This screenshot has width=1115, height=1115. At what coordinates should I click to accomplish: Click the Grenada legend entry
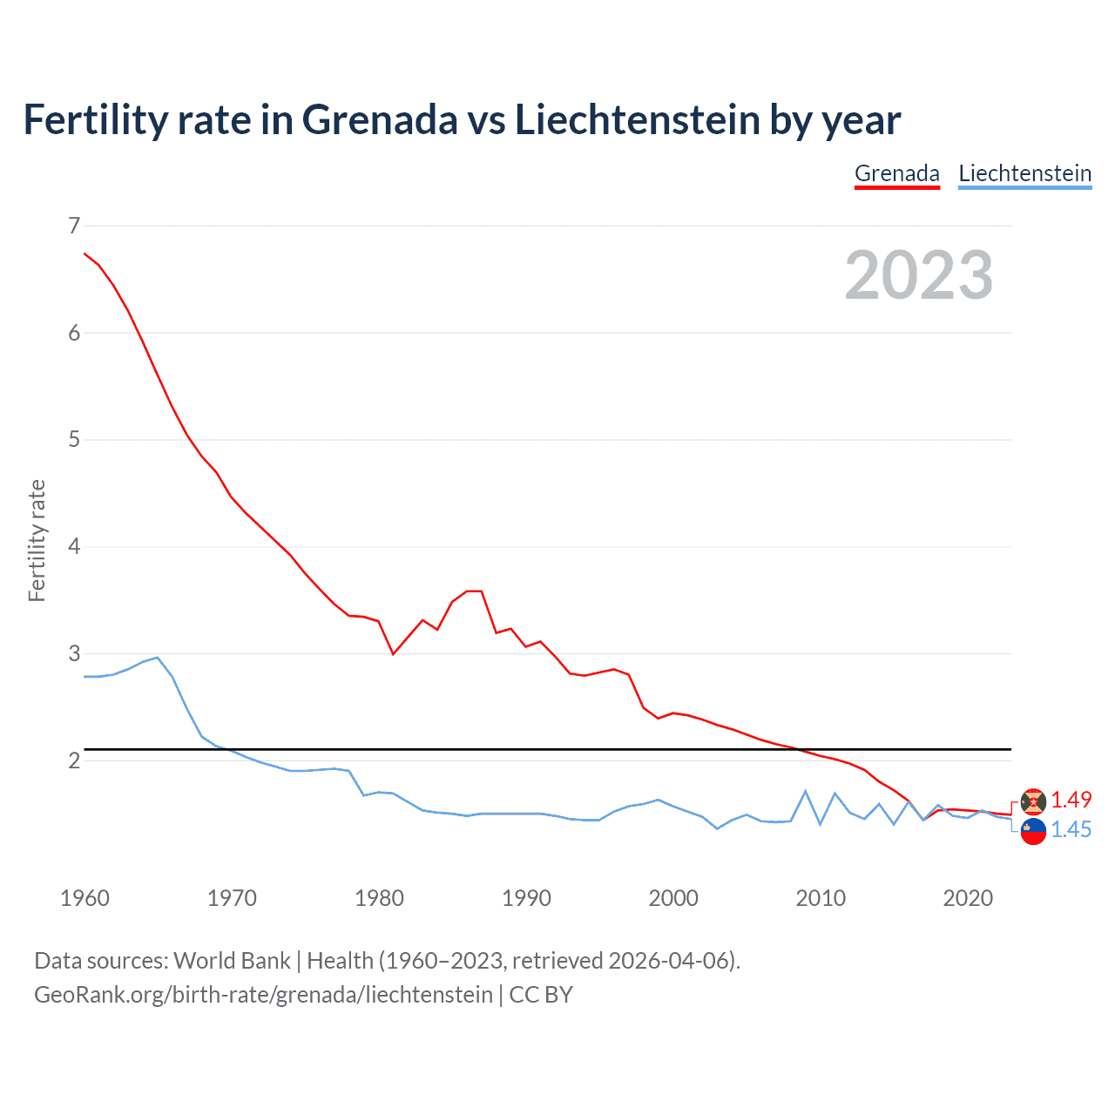click(896, 173)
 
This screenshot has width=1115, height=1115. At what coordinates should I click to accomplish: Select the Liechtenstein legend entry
click(1024, 173)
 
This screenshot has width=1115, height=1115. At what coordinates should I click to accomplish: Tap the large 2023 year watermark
click(918, 275)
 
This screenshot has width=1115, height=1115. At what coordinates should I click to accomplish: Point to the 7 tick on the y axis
click(73, 226)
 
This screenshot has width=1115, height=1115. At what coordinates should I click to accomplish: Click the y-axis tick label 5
click(73, 440)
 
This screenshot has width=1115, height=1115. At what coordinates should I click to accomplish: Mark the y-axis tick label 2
click(73, 760)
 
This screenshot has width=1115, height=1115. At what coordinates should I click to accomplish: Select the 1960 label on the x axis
click(84, 898)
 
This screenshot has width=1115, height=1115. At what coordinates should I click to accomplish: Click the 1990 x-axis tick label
click(526, 898)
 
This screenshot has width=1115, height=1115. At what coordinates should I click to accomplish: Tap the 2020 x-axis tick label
click(968, 898)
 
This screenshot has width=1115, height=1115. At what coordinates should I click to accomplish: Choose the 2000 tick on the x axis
click(673, 898)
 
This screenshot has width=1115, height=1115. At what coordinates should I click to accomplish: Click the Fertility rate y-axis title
click(37, 540)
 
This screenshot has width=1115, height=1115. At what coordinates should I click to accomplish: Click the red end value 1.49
click(1071, 800)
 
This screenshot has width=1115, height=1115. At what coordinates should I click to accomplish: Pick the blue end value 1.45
click(1071, 830)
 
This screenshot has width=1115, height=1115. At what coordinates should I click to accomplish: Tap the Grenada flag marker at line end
click(1033, 801)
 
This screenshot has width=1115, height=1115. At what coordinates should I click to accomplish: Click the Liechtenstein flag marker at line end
click(1033, 832)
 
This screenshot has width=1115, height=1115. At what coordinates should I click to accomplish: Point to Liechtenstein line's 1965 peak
click(157, 658)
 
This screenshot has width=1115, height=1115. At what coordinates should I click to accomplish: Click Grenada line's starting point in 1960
click(84, 253)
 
